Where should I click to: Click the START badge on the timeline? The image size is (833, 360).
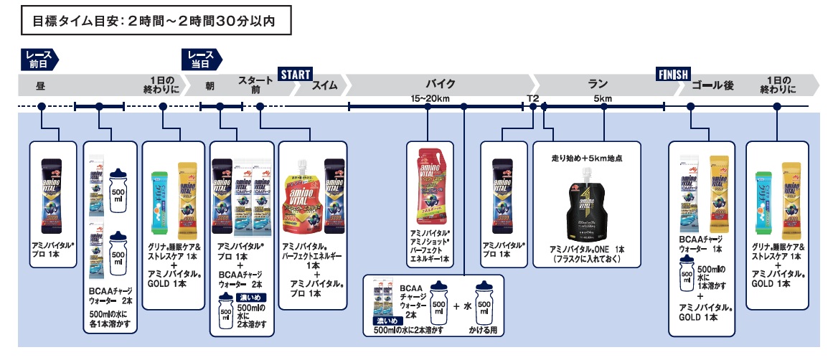(x=294, y=74)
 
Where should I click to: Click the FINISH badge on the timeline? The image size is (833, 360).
(x=673, y=74)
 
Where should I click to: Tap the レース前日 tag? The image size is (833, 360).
(x=38, y=59)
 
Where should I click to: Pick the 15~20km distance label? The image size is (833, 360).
(x=429, y=98)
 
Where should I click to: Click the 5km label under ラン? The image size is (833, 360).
(x=603, y=98)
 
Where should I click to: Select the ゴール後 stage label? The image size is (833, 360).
(x=712, y=85)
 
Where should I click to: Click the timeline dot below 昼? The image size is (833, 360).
(x=42, y=107)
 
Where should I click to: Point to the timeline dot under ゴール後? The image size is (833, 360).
(x=690, y=107)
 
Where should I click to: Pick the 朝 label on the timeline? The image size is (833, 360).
(x=210, y=85)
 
